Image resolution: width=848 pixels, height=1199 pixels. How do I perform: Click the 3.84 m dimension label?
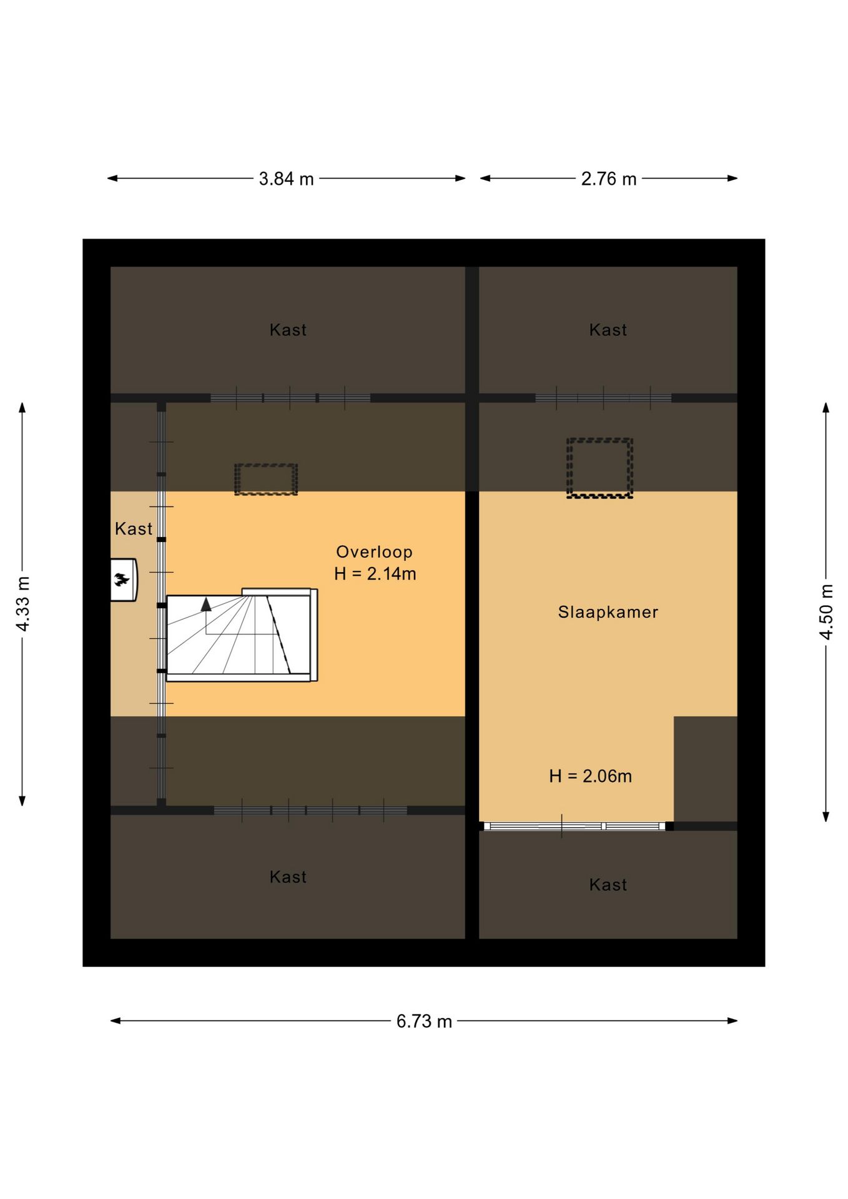286,179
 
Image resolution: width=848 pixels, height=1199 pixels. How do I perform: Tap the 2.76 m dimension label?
609,179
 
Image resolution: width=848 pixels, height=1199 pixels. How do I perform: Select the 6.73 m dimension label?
424,1021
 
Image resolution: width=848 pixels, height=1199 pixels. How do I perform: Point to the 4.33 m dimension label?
22,604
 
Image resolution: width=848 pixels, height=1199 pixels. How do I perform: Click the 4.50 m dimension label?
826,612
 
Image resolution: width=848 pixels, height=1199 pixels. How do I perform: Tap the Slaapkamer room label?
608,612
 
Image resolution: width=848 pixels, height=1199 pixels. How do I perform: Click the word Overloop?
375,552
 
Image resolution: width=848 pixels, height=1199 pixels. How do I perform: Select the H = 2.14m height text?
375,574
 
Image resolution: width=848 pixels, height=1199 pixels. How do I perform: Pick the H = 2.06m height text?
591,776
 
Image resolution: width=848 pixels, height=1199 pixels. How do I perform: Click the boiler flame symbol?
121,580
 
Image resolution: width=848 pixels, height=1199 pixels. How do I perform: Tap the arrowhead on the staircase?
206,603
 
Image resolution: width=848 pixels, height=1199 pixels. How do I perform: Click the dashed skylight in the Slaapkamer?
599,468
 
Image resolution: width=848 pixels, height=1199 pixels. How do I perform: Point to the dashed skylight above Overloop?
266,479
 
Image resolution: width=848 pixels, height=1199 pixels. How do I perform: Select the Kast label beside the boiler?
134,529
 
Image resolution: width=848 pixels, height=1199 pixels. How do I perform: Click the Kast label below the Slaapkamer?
608,884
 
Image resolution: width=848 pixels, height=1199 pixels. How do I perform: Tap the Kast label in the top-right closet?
608,330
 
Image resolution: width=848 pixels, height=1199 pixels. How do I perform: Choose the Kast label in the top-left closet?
288,330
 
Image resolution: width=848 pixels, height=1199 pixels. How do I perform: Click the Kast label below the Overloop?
288,877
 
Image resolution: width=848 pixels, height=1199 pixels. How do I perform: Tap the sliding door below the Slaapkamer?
575,826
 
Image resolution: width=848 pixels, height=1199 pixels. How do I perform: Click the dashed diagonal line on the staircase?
279,634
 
